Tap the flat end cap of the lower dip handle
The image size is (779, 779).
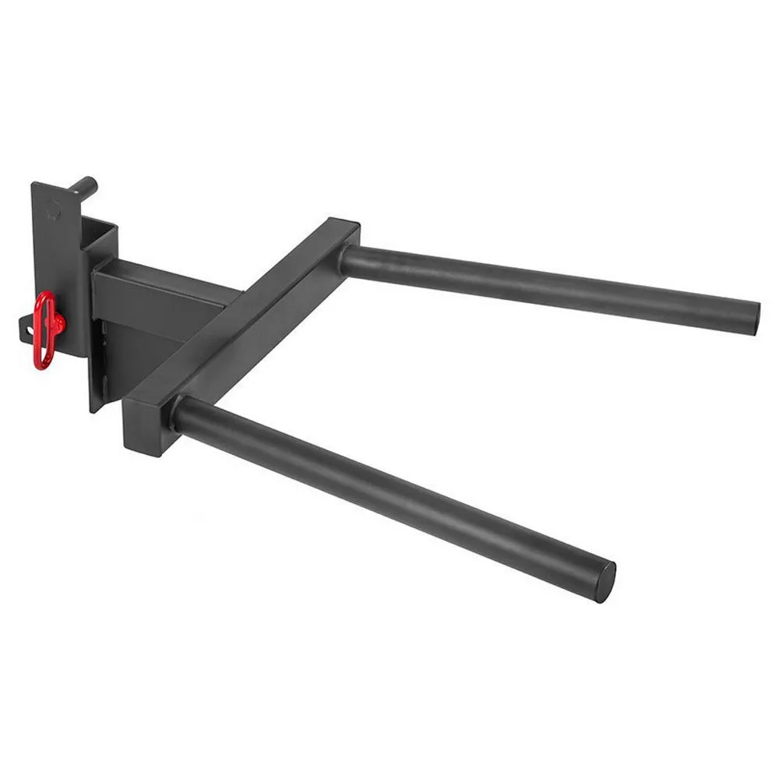pyautogui.click(x=605, y=581)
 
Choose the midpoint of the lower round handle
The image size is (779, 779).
pyautogui.click(x=389, y=491)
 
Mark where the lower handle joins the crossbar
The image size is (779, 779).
pyautogui.click(x=183, y=413)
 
